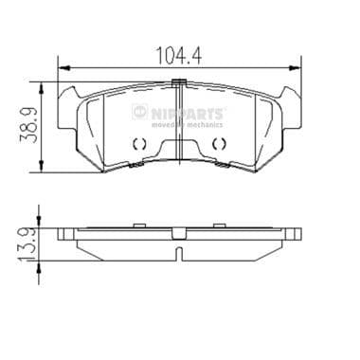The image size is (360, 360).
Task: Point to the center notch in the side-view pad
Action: point(179,251)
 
